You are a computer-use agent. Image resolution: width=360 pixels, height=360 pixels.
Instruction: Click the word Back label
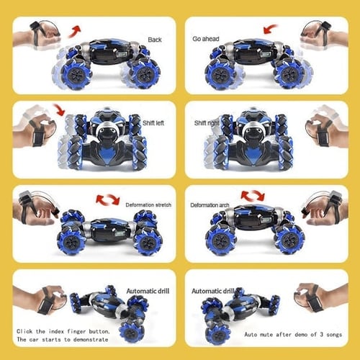click(155, 40)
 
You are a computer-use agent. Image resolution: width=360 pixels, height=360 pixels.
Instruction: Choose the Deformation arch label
click(210, 205)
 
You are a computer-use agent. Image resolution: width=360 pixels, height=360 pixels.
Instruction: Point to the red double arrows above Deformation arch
click(253, 195)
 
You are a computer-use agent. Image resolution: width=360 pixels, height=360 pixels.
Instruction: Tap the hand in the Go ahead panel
click(321, 36)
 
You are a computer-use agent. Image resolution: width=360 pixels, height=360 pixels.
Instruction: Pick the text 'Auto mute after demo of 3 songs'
click(294, 334)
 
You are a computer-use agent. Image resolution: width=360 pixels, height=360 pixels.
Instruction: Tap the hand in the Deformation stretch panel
click(36, 209)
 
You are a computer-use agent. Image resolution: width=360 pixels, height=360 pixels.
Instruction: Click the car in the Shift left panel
click(104, 137)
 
